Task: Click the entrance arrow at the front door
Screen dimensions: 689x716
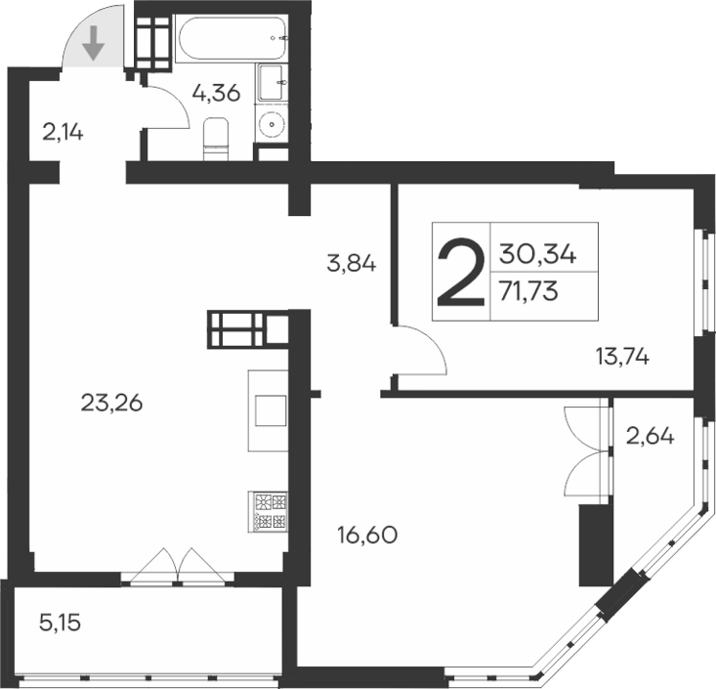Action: click(93, 44)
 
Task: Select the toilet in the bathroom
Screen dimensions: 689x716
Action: click(214, 137)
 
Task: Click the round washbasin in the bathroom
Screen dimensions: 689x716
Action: click(271, 124)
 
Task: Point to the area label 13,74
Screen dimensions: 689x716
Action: click(622, 357)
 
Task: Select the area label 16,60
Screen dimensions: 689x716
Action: click(366, 536)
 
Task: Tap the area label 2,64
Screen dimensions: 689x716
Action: click(651, 436)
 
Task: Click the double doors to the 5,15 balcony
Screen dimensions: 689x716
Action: click(174, 567)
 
